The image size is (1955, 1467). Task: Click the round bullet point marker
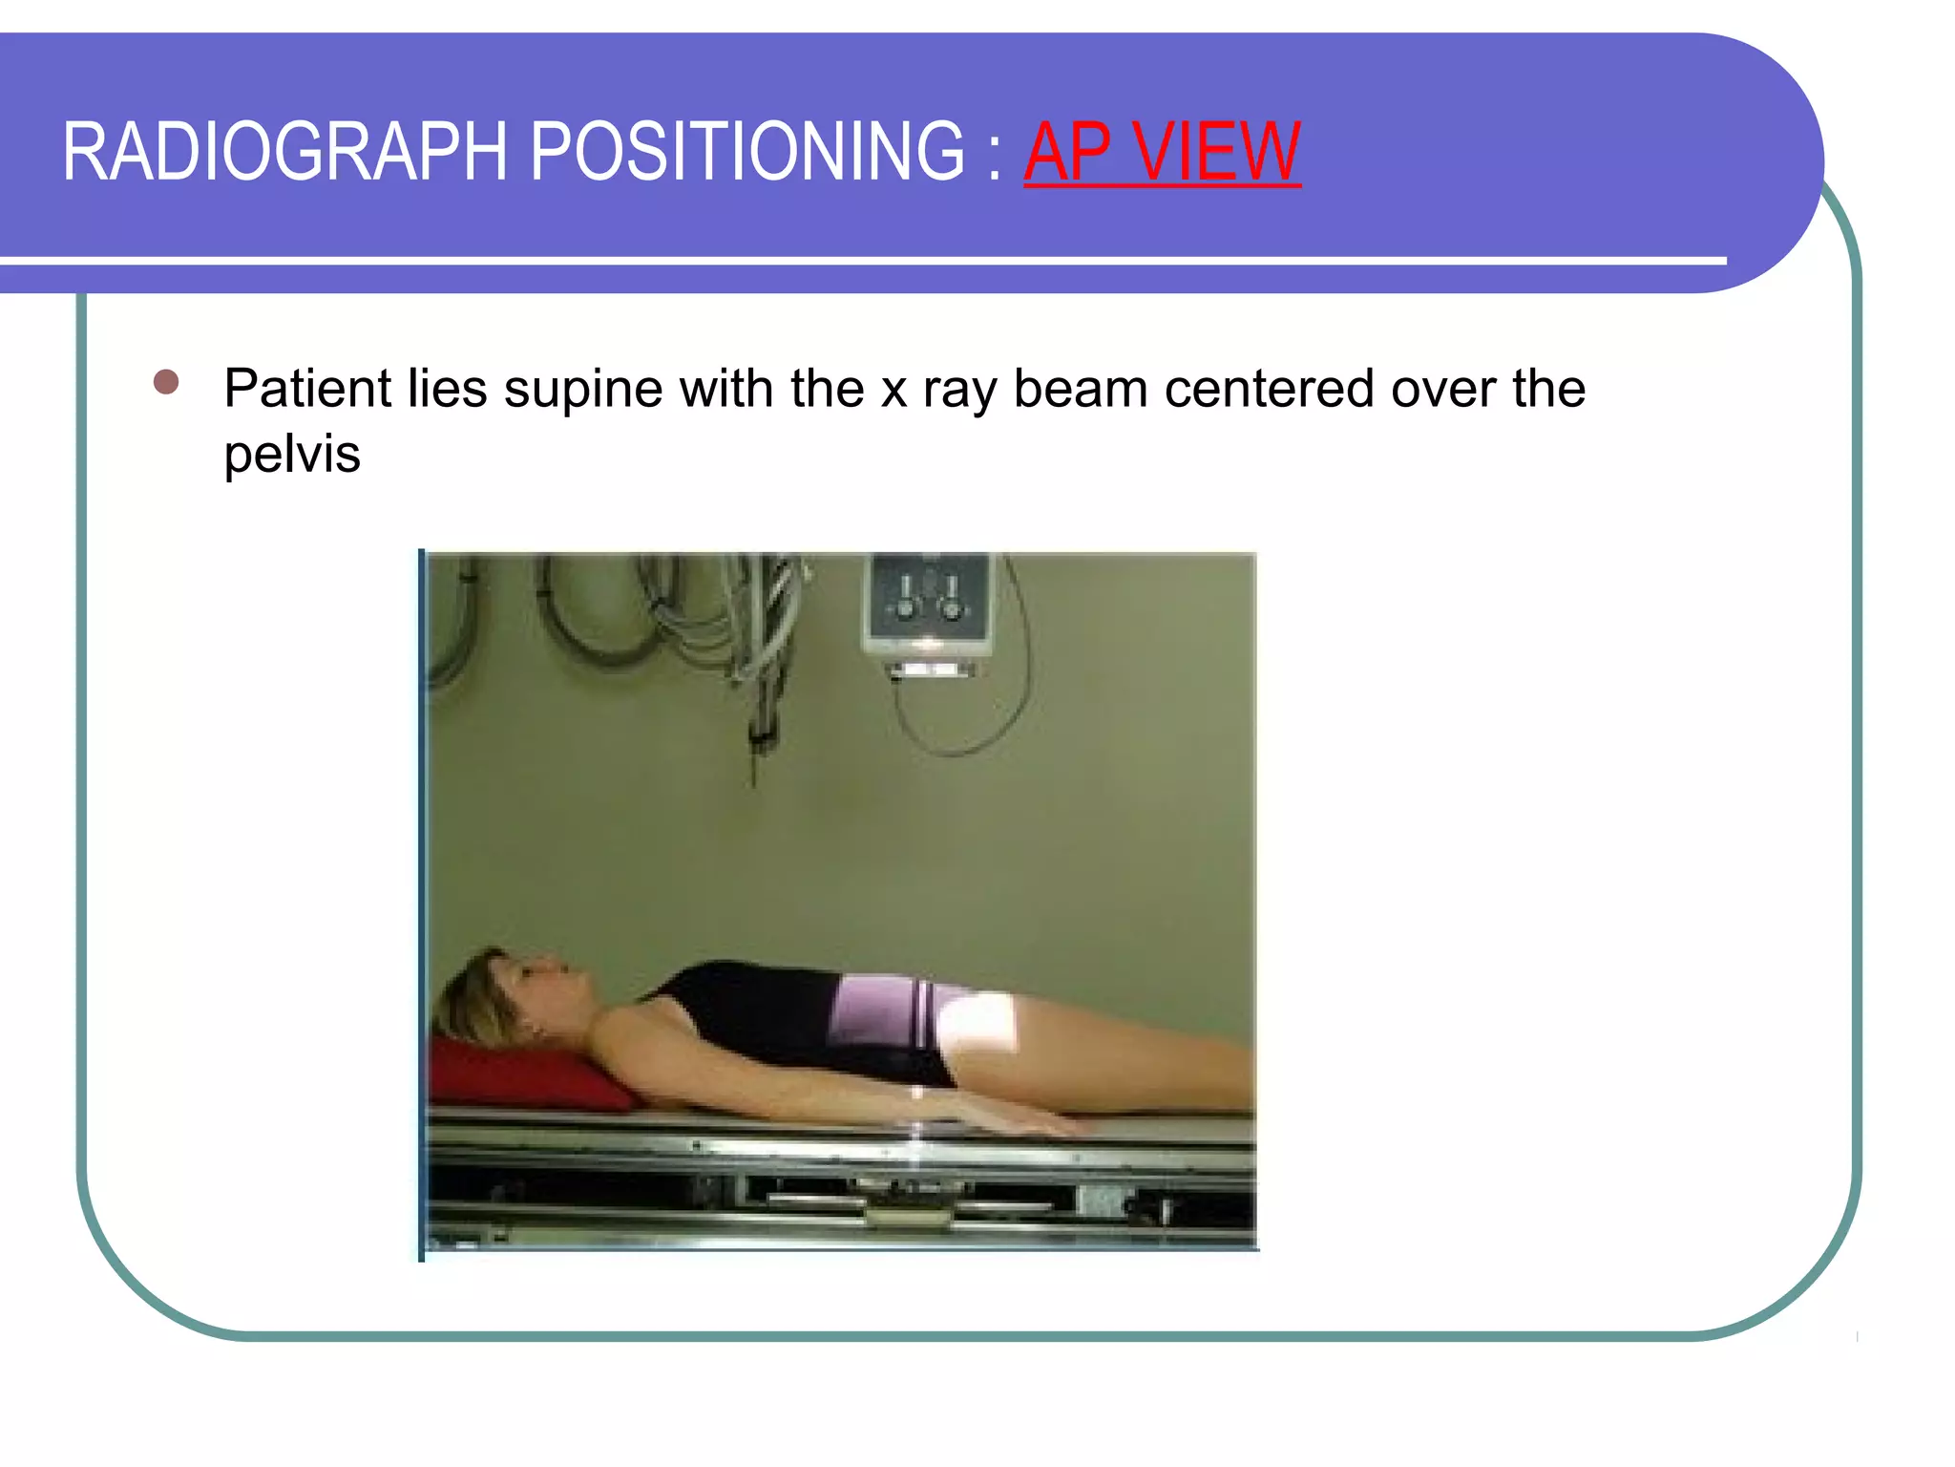pyautogui.click(x=166, y=382)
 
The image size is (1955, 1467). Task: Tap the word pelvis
pyautogui.click(x=292, y=454)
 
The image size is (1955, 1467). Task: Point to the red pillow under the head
pyautogui.click(x=520, y=1074)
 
